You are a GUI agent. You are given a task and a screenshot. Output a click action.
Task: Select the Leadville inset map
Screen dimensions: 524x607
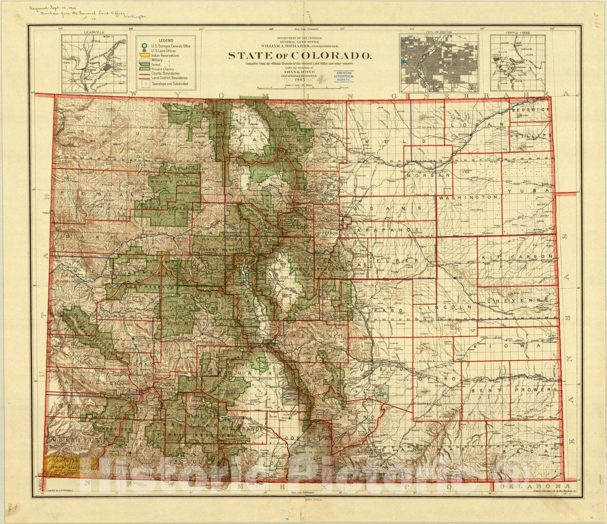coord(95,64)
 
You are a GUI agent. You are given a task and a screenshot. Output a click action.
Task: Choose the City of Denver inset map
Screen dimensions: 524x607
coord(439,63)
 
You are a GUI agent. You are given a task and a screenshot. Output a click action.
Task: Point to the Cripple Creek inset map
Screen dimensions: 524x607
coord(517,63)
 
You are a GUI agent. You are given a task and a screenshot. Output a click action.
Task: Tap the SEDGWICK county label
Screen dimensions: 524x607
coord(530,110)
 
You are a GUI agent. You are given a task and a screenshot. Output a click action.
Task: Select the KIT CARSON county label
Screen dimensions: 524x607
coord(517,257)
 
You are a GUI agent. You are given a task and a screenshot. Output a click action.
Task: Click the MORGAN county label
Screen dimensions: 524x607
coord(428,175)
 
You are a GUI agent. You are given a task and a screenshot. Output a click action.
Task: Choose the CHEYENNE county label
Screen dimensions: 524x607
coord(518,300)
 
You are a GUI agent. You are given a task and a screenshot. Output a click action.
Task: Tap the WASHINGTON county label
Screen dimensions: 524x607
coord(469,197)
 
